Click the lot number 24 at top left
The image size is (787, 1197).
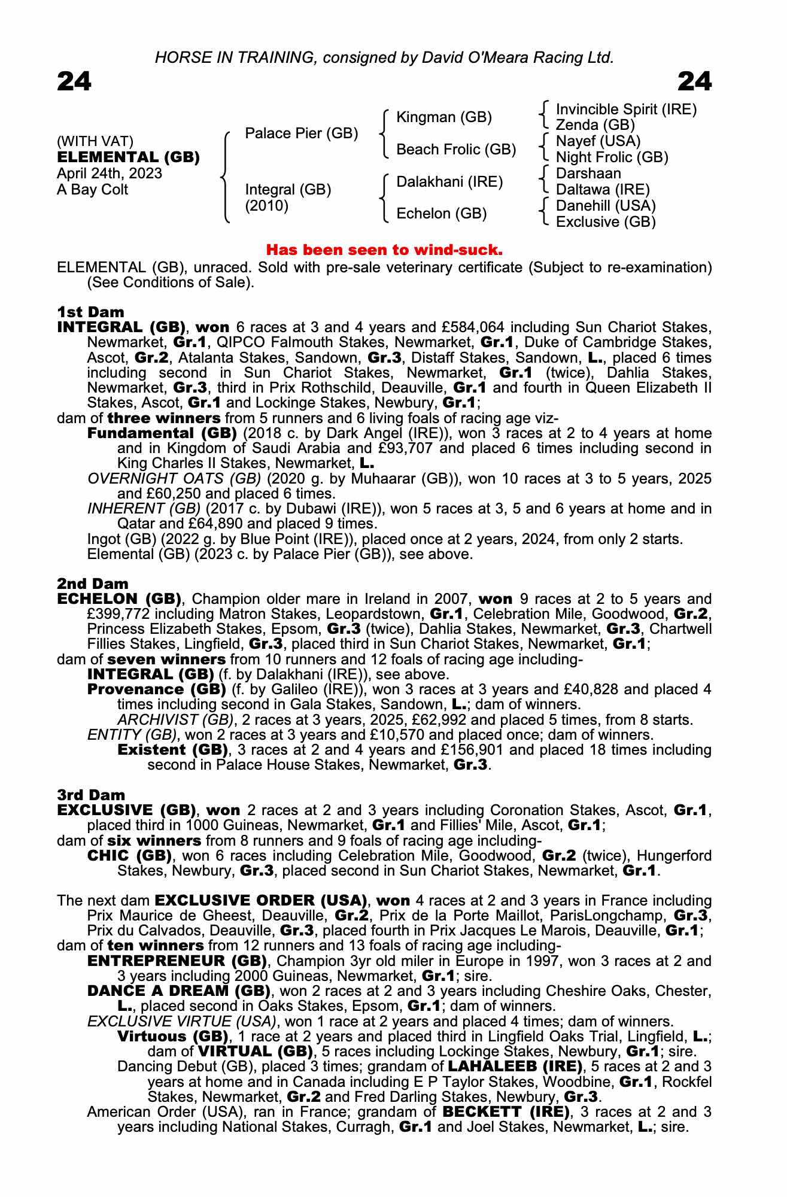pyautogui.click(x=74, y=81)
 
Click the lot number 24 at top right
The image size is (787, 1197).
pyautogui.click(x=694, y=81)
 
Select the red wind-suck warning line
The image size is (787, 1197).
pyautogui.click(x=384, y=248)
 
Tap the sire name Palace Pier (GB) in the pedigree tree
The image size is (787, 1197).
pyautogui.click(x=302, y=133)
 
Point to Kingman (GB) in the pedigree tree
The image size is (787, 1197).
pyautogui.click(x=444, y=117)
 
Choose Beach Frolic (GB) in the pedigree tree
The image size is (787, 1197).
pyautogui.click(x=456, y=150)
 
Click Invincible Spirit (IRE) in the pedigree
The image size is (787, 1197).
pyautogui.click(x=626, y=110)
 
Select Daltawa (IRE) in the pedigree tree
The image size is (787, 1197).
pyautogui.click(x=603, y=190)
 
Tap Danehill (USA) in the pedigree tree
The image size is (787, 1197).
pyautogui.click(x=606, y=206)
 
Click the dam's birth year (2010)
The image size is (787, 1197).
pyautogui.click(x=267, y=206)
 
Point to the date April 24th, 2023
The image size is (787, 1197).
pyautogui.click(x=110, y=174)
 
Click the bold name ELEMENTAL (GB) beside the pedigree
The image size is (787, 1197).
pyautogui.click(x=128, y=157)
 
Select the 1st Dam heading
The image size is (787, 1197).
pyautogui.click(x=90, y=312)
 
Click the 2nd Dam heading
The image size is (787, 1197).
pyautogui.click(x=92, y=584)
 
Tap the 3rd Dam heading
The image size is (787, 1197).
pyautogui.click(x=91, y=795)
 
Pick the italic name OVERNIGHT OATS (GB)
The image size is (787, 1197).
pyautogui.click(x=174, y=479)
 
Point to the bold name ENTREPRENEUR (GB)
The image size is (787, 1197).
pyautogui.click(x=177, y=961)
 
